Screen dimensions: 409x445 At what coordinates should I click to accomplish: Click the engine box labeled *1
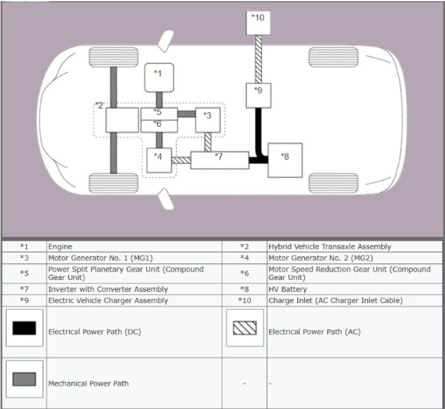tap(159, 78)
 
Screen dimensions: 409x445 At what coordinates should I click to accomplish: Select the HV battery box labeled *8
tap(285, 160)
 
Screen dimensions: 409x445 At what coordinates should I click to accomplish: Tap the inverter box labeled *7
tap(219, 160)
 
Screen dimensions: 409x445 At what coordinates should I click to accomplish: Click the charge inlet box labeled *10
tap(258, 23)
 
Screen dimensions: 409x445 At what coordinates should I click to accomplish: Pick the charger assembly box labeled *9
tap(258, 95)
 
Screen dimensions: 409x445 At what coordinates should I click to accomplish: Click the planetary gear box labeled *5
tap(159, 114)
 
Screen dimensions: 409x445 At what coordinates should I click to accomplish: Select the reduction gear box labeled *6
tap(159, 126)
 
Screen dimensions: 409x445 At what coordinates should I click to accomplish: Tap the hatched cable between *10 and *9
tap(258, 59)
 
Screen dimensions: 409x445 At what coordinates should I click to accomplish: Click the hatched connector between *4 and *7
tap(181, 160)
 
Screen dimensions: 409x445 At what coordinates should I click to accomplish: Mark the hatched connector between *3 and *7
tap(207, 142)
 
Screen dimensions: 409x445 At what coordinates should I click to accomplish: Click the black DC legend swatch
tap(24, 328)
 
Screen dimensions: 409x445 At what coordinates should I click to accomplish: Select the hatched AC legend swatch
tap(244, 328)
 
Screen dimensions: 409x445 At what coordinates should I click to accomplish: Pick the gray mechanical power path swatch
tap(24, 379)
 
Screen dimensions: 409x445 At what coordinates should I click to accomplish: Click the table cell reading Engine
tap(60, 247)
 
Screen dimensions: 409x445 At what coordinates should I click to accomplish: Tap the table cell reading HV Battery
tap(288, 289)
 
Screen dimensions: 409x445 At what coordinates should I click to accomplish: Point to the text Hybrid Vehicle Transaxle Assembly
tap(329, 247)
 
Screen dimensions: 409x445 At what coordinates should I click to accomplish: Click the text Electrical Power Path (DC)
tap(94, 332)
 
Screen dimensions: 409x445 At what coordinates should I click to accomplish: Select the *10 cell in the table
tap(244, 300)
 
